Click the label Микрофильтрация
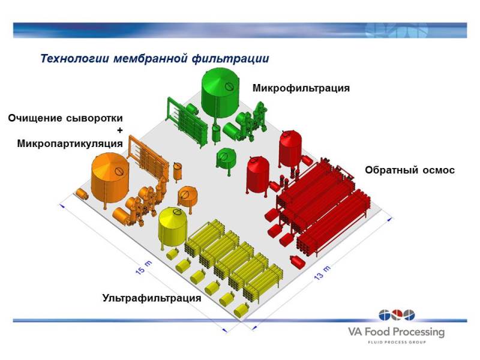(301, 88)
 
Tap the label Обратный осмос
(410, 170)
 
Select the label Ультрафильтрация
(152, 298)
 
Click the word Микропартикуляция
(70, 143)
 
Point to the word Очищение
(35, 118)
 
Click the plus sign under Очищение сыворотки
(119, 130)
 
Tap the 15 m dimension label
(143, 268)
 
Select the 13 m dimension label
(322, 273)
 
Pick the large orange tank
(110, 178)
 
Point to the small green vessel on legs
(226, 159)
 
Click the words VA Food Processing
(396, 332)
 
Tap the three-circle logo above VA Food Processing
(397, 316)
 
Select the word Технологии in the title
(74, 58)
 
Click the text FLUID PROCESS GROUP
(397, 342)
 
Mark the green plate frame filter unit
(187, 122)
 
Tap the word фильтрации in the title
(230, 58)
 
